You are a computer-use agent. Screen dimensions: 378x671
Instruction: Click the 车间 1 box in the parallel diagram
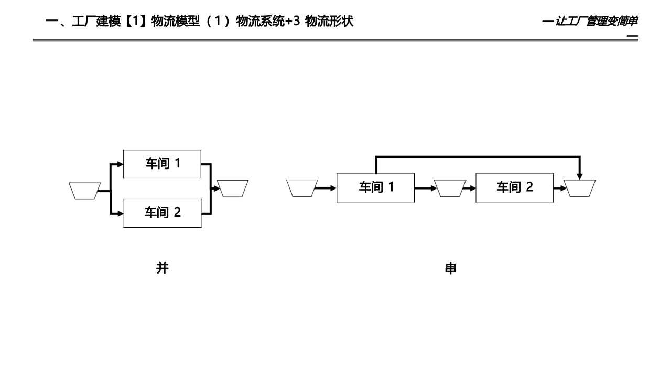(163, 164)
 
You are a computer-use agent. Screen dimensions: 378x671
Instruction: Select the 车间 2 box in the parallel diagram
(163, 213)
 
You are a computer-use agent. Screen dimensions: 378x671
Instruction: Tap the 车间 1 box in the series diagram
(375, 187)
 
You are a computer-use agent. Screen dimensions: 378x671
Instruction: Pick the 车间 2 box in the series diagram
(514, 187)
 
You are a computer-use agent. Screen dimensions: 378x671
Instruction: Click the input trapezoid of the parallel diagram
(84, 191)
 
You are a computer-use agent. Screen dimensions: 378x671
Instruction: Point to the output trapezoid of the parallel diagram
(233, 188)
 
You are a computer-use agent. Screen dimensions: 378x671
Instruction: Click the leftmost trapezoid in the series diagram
(302, 187)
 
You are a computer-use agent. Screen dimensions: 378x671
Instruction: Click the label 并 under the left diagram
(163, 268)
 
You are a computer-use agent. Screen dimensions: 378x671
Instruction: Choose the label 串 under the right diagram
(450, 269)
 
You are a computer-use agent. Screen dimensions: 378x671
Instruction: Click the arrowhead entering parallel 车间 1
(121, 164)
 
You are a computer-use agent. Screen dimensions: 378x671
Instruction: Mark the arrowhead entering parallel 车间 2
(121, 213)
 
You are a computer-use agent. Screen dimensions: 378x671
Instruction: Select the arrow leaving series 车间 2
(560, 187)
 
